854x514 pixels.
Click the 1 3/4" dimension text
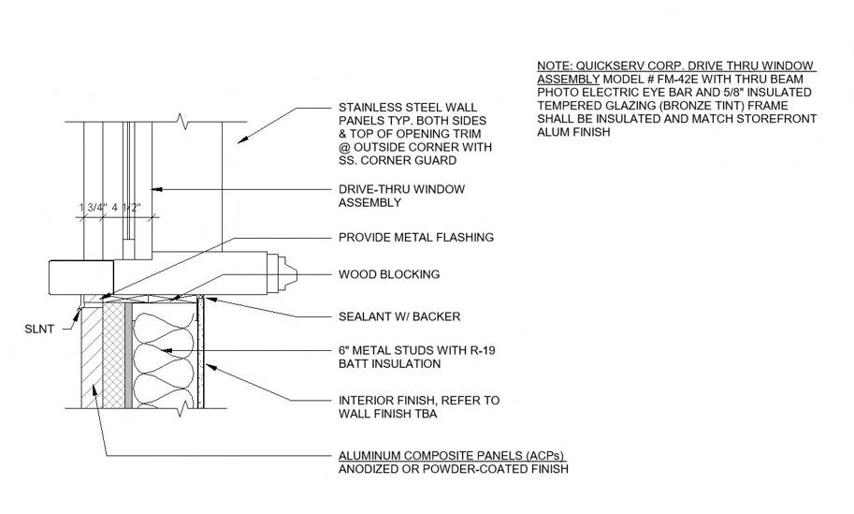point(93,208)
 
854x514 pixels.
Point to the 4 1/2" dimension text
point(125,208)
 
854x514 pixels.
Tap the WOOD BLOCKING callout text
point(388,275)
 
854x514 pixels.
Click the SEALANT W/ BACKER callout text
point(398,316)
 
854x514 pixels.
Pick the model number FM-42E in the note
point(690,80)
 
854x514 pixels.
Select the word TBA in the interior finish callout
point(428,413)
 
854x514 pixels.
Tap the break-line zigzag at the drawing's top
point(189,123)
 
